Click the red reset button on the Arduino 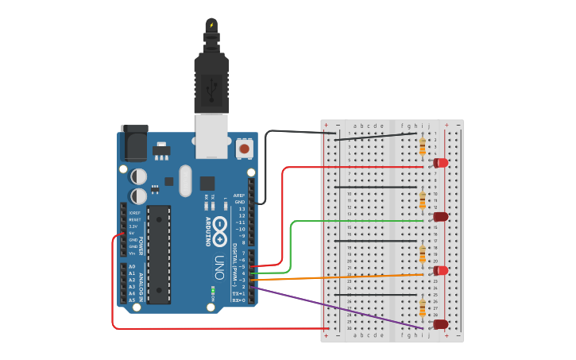(244, 148)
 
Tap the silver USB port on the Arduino (211, 132)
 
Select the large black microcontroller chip (158, 254)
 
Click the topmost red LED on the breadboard (439, 163)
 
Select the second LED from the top (439, 216)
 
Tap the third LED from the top (439, 270)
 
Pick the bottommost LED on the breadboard (439, 324)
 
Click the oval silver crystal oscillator (185, 180)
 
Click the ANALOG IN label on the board (141, 283)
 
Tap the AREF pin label (239, 195)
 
